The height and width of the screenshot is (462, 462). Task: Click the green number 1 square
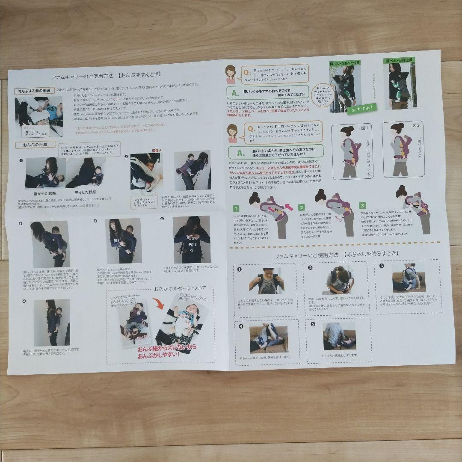(x=236, y=209)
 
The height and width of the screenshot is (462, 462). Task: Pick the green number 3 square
(x=363, y=205)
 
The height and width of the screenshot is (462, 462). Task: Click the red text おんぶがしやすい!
(x=161, y=354)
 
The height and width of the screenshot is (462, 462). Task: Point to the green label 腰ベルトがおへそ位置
(x=345, y=63)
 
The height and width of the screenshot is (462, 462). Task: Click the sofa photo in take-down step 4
(x=269, y=338)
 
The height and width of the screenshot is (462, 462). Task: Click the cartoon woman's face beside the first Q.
(x=231, y=73)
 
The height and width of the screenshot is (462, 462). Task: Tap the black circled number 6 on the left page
(x=24, y=301)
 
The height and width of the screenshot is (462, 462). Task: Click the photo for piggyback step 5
(x=192, y=240)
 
